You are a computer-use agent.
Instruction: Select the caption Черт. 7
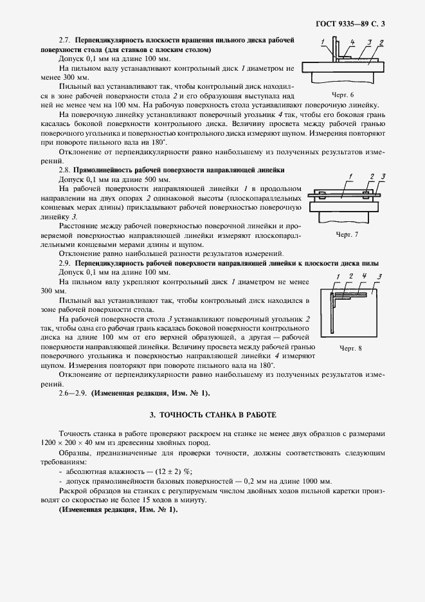(347, 234)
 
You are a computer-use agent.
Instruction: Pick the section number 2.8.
(66, 169)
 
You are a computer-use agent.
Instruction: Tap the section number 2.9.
(66, 264)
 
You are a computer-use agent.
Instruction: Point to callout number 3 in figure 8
(381, 277)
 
